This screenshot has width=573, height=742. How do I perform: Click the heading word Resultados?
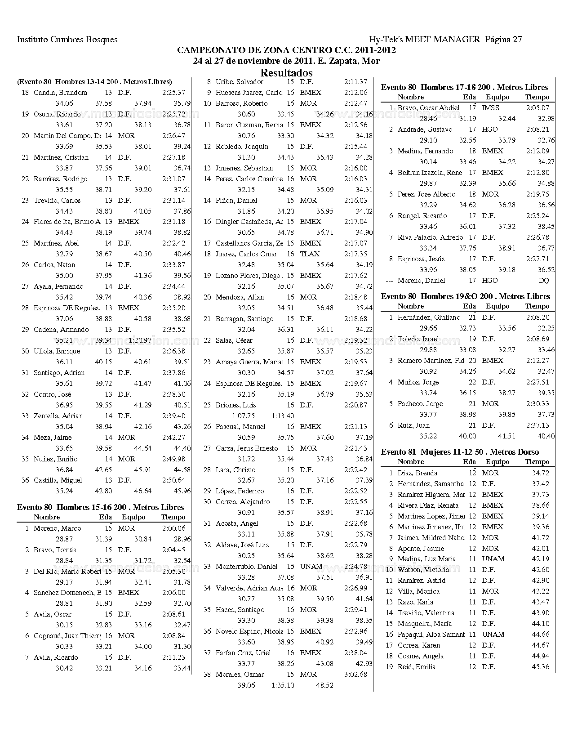pos(286,73)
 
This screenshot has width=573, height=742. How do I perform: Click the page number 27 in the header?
pos(517,40)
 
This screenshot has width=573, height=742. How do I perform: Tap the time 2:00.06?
pos(173,528)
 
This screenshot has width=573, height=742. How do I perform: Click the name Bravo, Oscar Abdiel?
pos(428,108)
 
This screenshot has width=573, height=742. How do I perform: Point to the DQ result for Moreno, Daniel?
pos(543,281)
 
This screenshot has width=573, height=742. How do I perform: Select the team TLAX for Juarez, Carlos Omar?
pos(310,254)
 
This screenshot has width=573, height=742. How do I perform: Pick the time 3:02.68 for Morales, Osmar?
pos(355,675)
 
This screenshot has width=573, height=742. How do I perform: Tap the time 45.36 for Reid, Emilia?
pos(540,667)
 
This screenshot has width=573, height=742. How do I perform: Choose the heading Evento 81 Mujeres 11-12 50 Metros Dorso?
pos(460,452)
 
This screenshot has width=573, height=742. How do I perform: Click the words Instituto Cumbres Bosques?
pos(67,40)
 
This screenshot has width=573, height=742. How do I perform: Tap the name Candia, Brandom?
pos(60,93)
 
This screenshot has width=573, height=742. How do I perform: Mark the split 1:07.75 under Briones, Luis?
pos(243,416)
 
